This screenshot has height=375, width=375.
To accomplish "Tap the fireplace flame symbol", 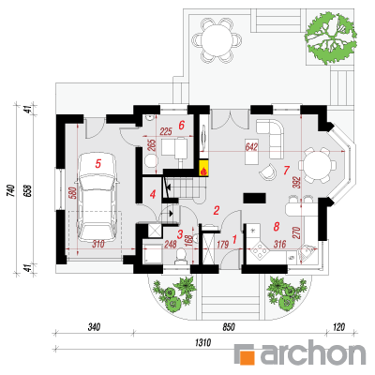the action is pos(203,171).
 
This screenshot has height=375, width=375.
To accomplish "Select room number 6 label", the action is pos(182,125).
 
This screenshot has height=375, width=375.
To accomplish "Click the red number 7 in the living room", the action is pos(286,171).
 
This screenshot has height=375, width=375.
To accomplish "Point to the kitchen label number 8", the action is pos(277,226).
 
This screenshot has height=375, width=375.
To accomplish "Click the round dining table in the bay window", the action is pos(317,165).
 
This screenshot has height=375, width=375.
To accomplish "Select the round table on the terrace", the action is pos(217,39).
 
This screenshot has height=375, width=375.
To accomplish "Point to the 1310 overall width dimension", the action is pos(202,343).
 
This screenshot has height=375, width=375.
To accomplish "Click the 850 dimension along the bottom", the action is pos(229,327).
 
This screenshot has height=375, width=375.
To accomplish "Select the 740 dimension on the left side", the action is pos(11,190).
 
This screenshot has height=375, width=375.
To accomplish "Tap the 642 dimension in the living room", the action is pos(252,146).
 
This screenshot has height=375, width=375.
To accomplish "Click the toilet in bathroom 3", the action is pos(181,257).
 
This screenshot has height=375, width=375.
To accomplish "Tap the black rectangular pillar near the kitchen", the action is pos(255,199).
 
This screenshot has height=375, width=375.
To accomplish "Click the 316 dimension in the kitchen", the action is pos(280,244).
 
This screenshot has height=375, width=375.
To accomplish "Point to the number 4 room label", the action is pos(153,195).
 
